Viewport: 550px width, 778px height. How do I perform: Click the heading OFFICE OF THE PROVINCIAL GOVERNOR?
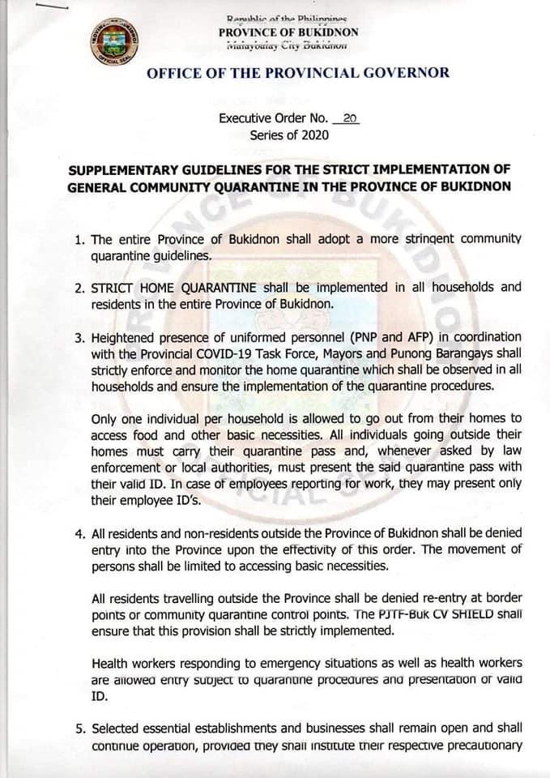click(x=298, y=74)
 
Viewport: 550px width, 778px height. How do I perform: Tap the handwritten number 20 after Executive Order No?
click(x=350, y=118)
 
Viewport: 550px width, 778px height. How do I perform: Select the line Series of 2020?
click(x=289, y=135)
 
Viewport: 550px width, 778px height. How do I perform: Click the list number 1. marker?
click(x=79, y=240)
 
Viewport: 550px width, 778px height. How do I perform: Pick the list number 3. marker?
click(x=79, y=337)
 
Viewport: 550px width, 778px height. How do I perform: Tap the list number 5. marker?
click(x=80, y=728)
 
